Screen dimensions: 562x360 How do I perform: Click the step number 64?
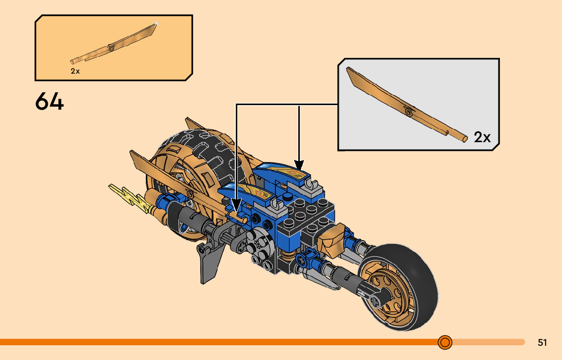tap(50, 102)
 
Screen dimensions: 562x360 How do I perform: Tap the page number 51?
tap(542, 343)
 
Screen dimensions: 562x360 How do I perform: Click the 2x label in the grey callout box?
tap(482, 137)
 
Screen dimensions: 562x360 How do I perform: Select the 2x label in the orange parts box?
tap(75, 72)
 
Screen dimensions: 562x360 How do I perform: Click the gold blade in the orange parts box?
tap(114, 47)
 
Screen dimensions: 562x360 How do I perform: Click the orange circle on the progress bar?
tap(445, 342)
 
